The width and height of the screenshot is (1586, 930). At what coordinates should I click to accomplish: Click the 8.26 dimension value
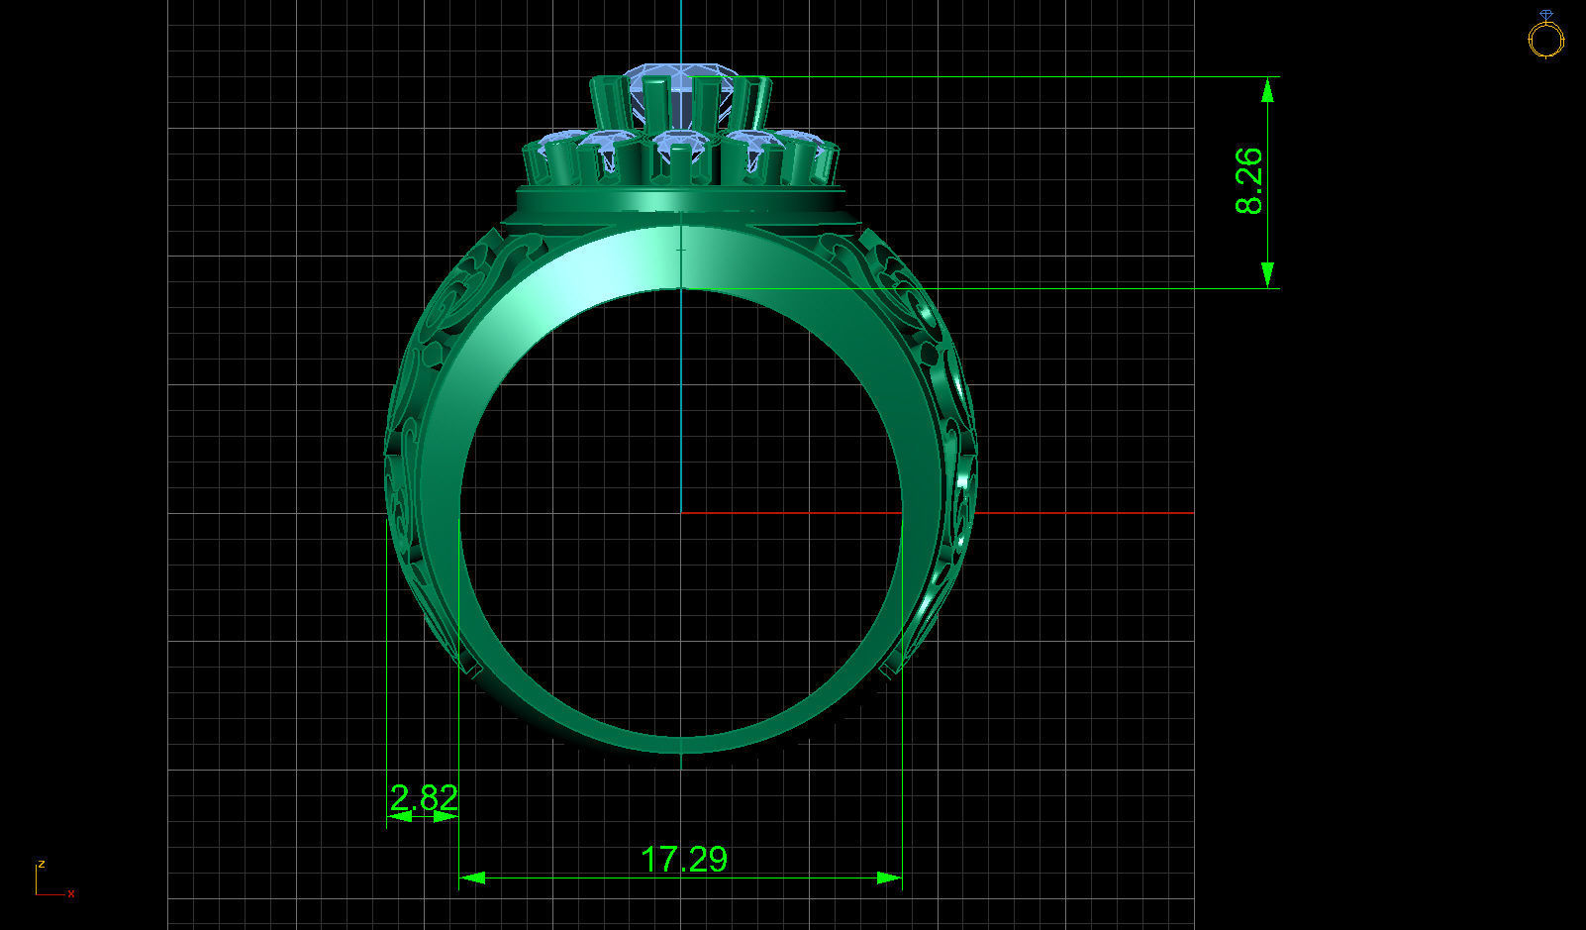(1249, 180)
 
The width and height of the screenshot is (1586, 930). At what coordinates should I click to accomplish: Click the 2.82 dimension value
(424, 797)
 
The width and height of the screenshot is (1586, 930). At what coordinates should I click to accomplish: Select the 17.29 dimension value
(683, 859)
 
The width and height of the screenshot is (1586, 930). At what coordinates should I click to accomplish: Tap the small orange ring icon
(1545, 36)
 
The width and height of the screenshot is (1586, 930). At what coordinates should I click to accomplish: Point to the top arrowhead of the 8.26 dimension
(1267, 89)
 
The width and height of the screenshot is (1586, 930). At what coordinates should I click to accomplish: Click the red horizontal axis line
(1040, 513)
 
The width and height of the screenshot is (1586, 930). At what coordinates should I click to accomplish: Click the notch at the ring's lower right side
(890, 669)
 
